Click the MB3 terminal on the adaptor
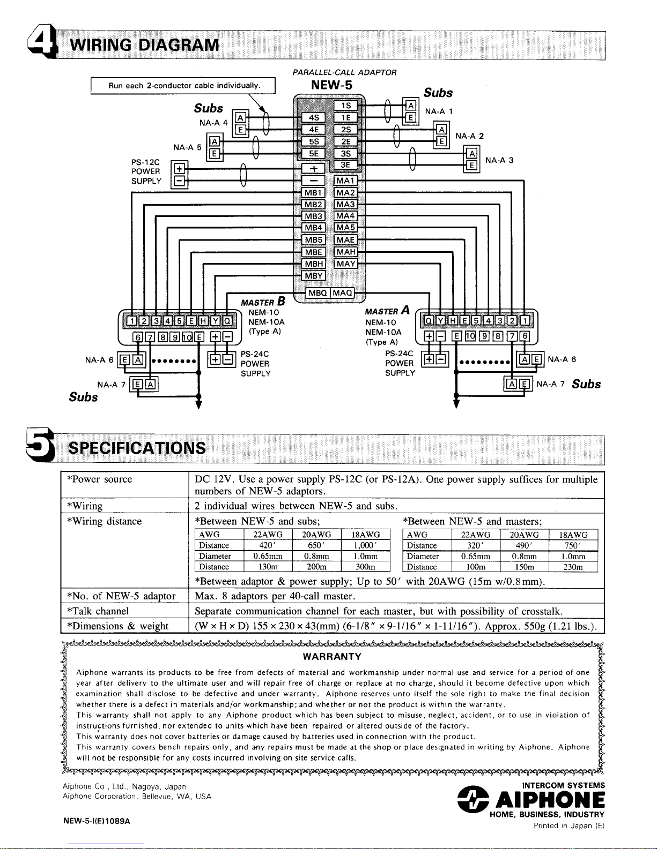(x=314, y=216)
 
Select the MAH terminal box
(x=346, y=252)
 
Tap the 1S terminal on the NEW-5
(x=346, y=106)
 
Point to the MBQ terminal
(x=318, y=293)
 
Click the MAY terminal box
(x=346, y=264)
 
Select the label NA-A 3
(x=499, y=160)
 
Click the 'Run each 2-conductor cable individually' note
(x=184, y=86)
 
